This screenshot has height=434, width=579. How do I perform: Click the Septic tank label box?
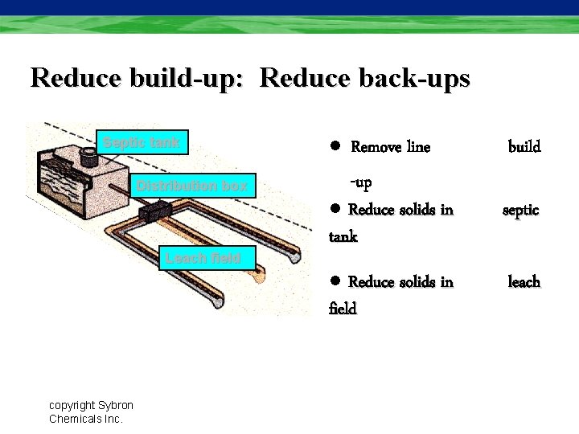coord(142,143)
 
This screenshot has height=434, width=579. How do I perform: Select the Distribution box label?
coord(192,186)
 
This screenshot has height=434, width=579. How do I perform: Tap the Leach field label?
coord(203,258)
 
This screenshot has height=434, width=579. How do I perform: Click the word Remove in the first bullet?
coord(377,147)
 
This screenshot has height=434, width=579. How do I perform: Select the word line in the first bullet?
coord(419,147)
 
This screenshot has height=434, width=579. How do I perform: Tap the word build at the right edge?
coord(524,147)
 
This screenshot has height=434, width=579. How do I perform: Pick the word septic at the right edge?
coord(521,211)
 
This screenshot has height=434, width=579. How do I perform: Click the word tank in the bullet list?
coord(343,237)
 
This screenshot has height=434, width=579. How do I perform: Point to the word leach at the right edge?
coord(524,282)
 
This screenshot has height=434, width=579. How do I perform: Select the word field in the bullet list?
coord(343,309)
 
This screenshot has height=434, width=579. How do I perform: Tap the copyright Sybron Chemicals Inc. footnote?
coord(91,411)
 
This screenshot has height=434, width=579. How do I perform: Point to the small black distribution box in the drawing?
coord(156,212)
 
